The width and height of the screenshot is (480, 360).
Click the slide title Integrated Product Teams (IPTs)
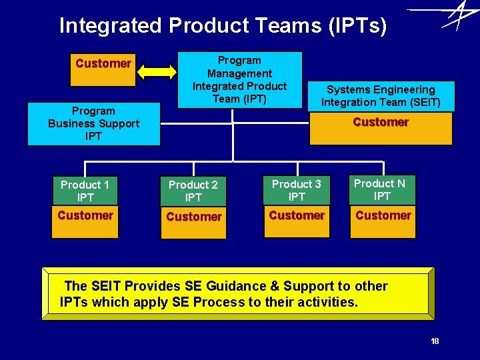(x=223, y=25)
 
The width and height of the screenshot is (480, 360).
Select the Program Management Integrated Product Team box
(x=239, y=79)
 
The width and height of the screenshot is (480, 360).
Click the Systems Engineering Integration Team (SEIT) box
(x=381, y=96)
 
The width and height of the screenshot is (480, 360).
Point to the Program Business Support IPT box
(x=94, y=123)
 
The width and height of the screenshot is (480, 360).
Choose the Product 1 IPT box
(x=85, y=191)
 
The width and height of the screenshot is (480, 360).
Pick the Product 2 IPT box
(x=193, y=191)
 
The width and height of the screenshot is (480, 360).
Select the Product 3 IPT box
(x=297, y=190)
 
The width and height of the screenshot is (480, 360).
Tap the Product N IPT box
(x=382, y=189)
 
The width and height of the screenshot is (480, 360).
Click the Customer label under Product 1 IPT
(x=85, y=215)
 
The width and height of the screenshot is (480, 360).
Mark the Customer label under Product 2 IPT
(x=193, y=217)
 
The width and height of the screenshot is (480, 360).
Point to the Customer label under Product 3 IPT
(x=297, y=215)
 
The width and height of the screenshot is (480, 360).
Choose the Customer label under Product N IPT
(x=383, y=215)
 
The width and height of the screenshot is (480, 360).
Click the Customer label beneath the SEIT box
(x=381, y=122)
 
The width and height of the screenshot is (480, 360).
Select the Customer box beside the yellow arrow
(x=103, y=64)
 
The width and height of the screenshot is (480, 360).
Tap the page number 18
(x=435, y=341)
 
